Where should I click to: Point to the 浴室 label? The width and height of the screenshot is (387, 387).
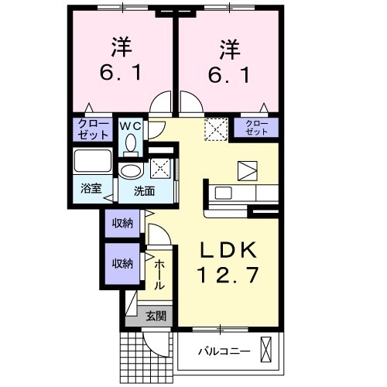click(91, 188)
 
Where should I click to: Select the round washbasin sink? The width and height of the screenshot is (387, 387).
click(131, 171)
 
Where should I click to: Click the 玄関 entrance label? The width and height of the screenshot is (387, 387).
click(155, 315)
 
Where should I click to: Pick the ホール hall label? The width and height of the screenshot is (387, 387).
click(159, 275)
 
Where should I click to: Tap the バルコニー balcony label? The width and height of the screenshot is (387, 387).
click(223, 351)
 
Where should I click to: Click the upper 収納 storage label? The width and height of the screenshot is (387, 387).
click(122, 223)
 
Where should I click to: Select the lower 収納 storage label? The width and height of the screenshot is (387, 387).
click(122, 263)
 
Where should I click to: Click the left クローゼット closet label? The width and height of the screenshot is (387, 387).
click(92, 128)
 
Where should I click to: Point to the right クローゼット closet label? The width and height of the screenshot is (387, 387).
click(257, 128)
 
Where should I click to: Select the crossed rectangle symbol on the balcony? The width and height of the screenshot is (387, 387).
click(268, 351)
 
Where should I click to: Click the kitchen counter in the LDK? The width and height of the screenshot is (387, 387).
click(240, 193)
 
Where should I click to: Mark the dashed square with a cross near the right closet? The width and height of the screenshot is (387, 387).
click(214, 129)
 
